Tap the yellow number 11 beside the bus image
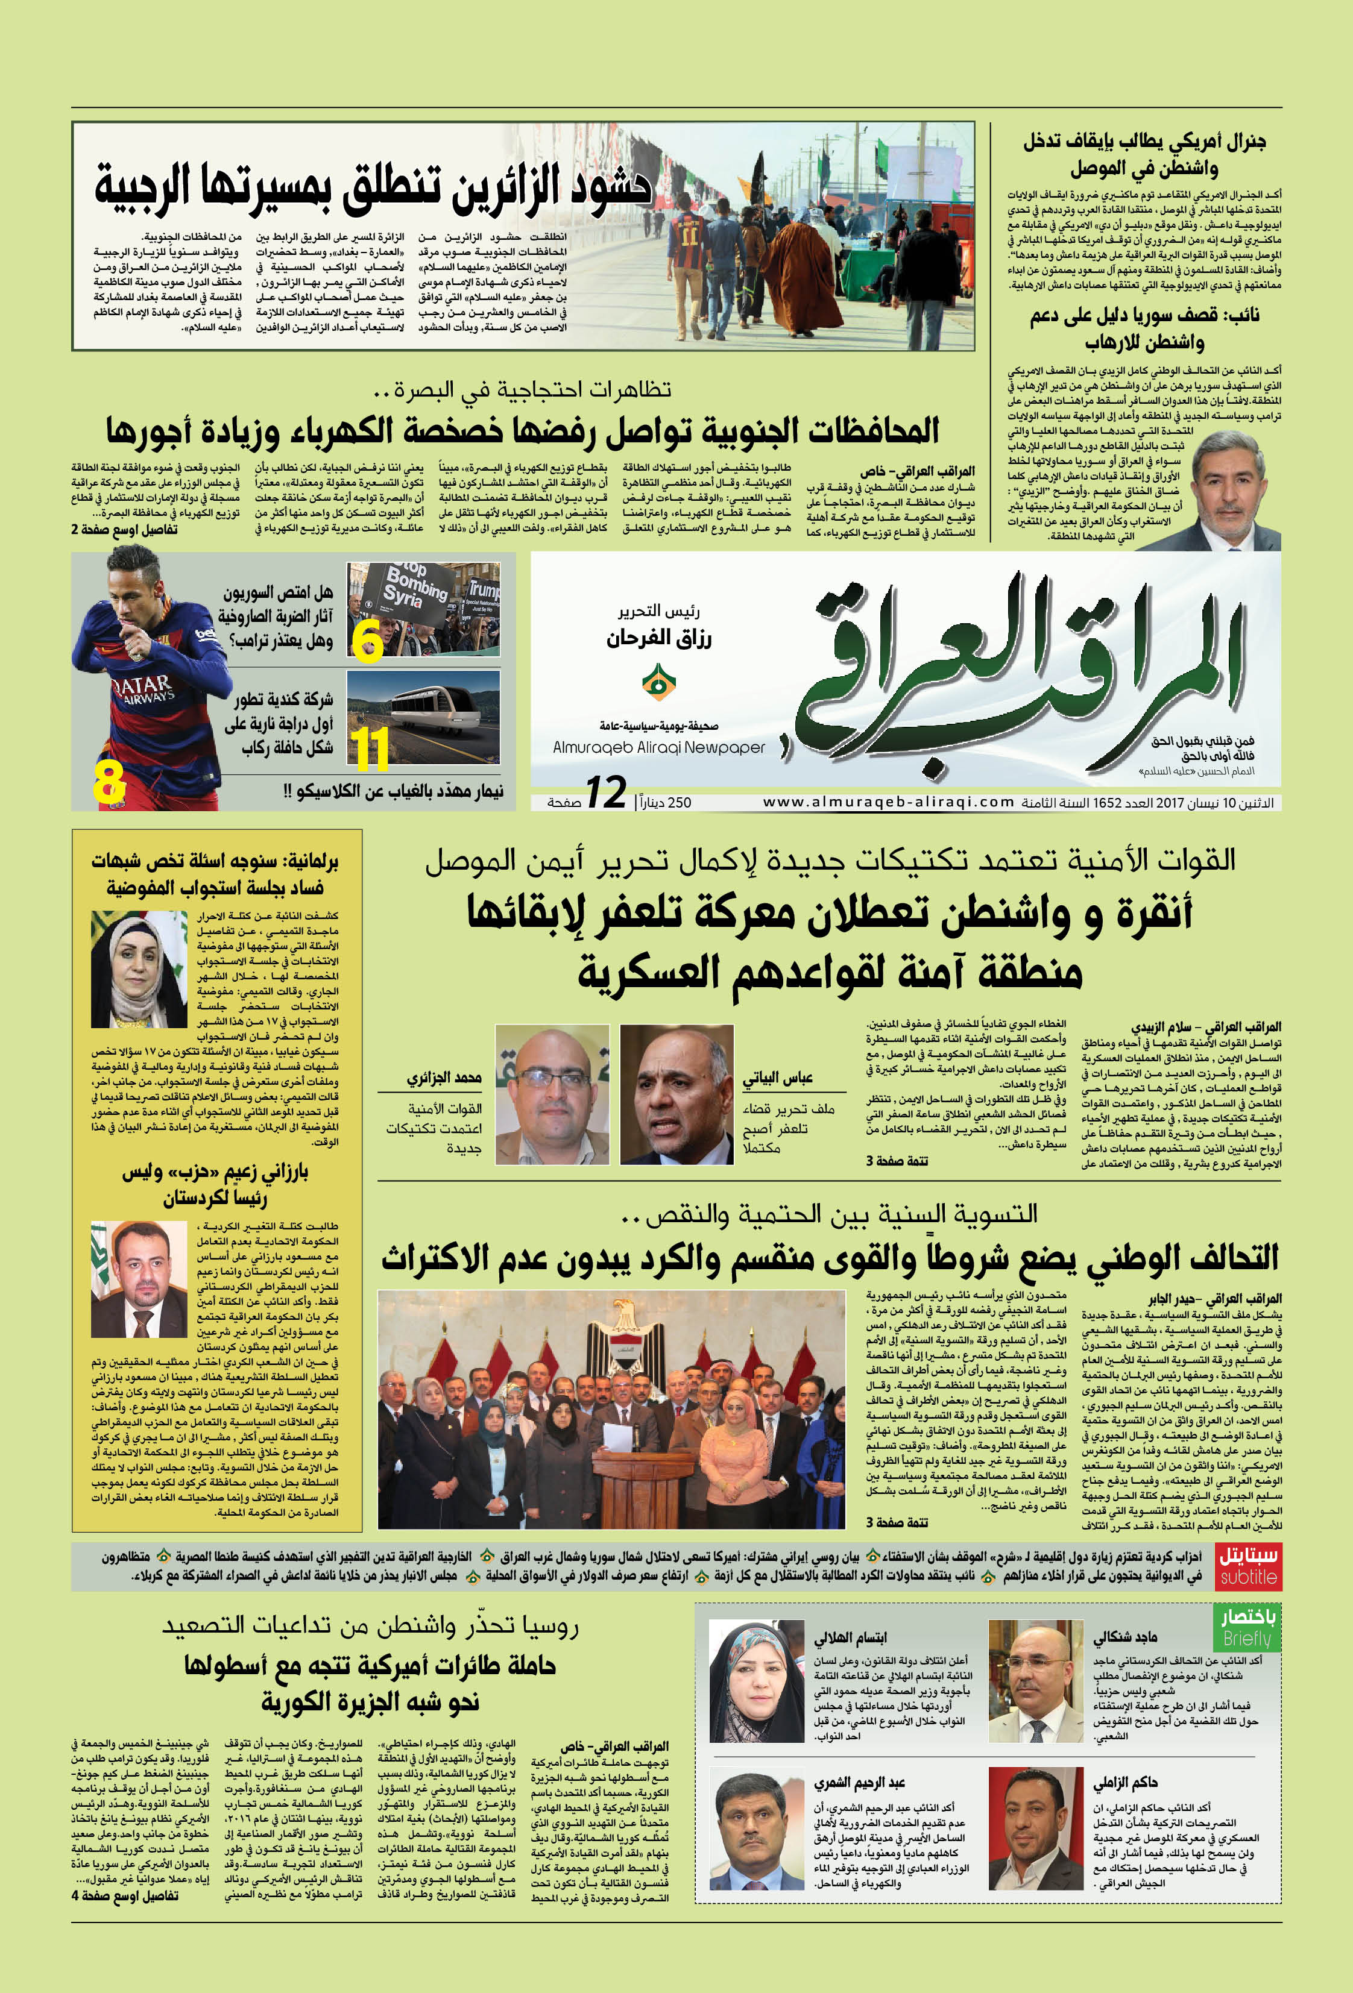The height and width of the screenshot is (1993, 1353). tap(371, 749)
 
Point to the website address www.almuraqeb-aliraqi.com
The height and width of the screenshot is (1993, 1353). tap(888, 802)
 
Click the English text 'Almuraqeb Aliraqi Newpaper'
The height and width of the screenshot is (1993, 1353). tap(659, 747)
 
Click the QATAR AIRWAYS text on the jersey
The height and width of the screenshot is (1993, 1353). tap(142, 687)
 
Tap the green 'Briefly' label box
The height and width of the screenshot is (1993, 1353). tap(1247, 1626)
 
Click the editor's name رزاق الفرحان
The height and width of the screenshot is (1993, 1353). tap(659, 639)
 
